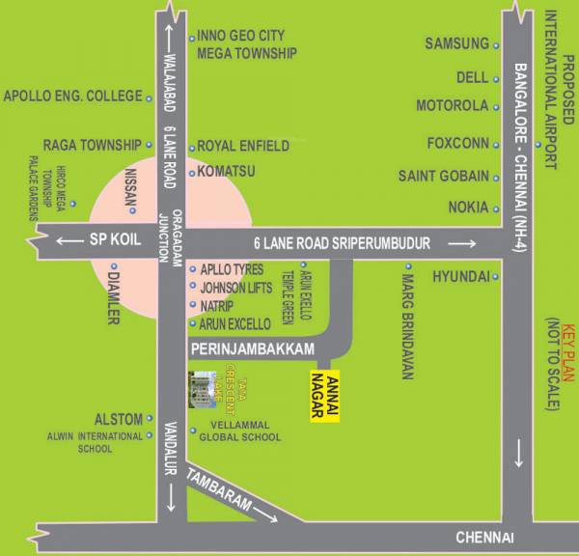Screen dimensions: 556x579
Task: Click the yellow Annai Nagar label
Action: [324, 398]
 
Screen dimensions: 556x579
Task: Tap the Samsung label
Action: [457, 43]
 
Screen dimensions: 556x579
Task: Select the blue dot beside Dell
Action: [497, 78]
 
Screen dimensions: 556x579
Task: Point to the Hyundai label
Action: [460, 276]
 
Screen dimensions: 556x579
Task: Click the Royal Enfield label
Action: [243, 146]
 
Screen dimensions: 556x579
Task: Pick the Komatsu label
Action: [227, 172]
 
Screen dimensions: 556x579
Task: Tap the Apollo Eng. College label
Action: [72, 96]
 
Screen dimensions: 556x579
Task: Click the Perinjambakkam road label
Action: [254, 345]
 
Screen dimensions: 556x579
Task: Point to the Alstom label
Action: [118, 419]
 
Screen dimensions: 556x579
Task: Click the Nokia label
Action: [468, 208]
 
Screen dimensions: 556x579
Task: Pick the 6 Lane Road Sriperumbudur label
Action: [341, 244]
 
